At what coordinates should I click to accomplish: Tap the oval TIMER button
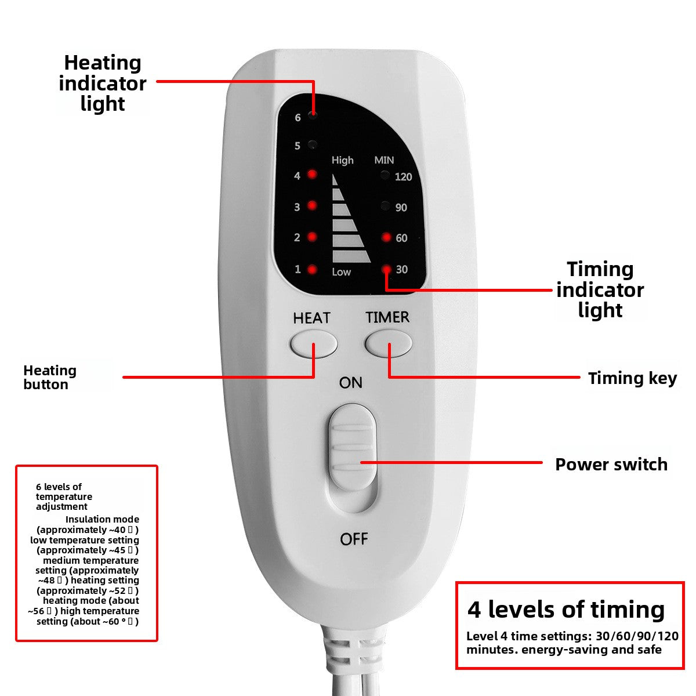[388, 344]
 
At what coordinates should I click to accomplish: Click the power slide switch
[351, 458]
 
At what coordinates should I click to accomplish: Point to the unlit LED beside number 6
[313, 116]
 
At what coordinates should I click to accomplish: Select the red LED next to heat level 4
[312, 175]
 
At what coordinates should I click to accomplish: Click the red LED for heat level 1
[312, 269]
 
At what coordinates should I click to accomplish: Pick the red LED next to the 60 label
[386, 237]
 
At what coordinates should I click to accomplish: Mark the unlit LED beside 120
[385, 175]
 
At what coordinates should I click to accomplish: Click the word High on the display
[342, 160]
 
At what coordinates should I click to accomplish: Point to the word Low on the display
[341, 272]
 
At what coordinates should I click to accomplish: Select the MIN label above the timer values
[384, 160]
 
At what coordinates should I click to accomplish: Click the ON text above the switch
[350, 383]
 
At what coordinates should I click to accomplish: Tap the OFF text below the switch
[354, 539]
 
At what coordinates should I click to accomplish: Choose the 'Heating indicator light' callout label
[103, 83]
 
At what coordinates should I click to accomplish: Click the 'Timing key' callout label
[632, 378]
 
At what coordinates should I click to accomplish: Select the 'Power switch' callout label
[611, 464]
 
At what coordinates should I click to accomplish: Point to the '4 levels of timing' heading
[566, 610]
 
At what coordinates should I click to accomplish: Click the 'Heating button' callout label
[50, 377]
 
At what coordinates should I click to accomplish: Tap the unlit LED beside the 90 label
[385, 206]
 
